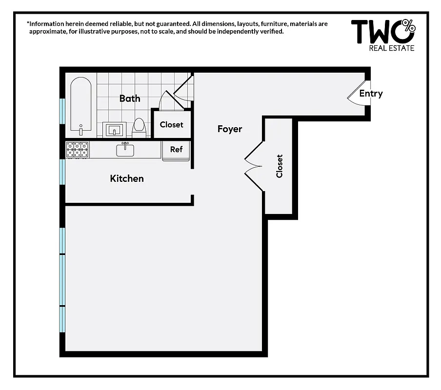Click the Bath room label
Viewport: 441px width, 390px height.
(130, 98)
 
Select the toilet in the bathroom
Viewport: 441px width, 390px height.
(140, 127)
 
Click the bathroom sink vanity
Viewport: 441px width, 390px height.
(116, 130)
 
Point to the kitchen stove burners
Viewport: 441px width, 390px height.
(78, 149)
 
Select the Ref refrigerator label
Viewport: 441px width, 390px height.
(176, 149)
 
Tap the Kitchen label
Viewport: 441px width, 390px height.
(127, 178)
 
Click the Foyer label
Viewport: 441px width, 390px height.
(230, 129)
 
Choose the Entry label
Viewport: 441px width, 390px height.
(371, 94)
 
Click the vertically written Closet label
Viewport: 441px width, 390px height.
(280, 166)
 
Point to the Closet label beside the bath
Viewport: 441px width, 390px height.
(172, 125)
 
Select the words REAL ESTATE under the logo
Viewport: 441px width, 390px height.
(392, 48)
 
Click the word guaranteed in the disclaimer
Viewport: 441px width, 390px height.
(161, 23)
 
